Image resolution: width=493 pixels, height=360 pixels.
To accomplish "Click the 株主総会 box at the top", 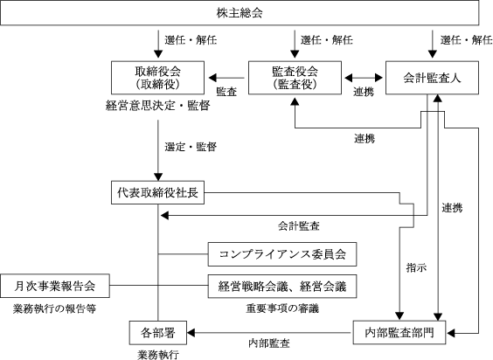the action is tap(240, 13).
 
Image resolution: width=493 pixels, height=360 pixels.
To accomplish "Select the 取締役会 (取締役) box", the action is tap(157, 78).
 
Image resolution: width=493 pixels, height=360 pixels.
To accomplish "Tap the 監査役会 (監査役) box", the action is tap(295, 78).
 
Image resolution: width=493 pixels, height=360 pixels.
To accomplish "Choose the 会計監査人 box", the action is tap(433, 78).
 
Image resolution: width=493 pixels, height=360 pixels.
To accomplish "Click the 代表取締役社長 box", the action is tap(157, 192).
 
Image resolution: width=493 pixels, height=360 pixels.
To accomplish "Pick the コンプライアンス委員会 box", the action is tap(282, 254).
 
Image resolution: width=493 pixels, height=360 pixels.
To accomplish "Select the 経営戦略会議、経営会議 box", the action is tap(282, 286).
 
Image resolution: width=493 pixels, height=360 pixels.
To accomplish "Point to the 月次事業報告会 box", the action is tap(55, 286).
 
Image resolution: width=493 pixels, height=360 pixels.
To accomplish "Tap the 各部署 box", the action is tap(158, 333).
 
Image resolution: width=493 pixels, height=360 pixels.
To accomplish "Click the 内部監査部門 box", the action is tap(399, 332).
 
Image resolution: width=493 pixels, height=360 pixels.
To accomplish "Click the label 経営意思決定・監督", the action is tap(158, 106).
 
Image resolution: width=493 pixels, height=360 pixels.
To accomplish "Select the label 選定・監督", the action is tap(191, 147).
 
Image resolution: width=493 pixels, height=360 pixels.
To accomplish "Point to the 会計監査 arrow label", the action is tap(299, 225).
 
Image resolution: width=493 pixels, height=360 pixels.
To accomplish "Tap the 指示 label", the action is tap(417, 268).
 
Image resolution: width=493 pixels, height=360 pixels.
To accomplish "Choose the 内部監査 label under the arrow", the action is tap(269, 343).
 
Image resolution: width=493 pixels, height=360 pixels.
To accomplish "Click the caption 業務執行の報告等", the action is tap(54, 308).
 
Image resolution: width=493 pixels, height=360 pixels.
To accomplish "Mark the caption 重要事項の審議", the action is tap(282, 308).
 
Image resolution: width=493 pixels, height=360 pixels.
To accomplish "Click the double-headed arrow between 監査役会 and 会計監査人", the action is tap(364, 78).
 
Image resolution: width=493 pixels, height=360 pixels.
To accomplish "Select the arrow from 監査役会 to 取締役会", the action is tap(226, 78).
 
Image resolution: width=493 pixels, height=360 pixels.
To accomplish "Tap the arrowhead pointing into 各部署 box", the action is tap(191, 333).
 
